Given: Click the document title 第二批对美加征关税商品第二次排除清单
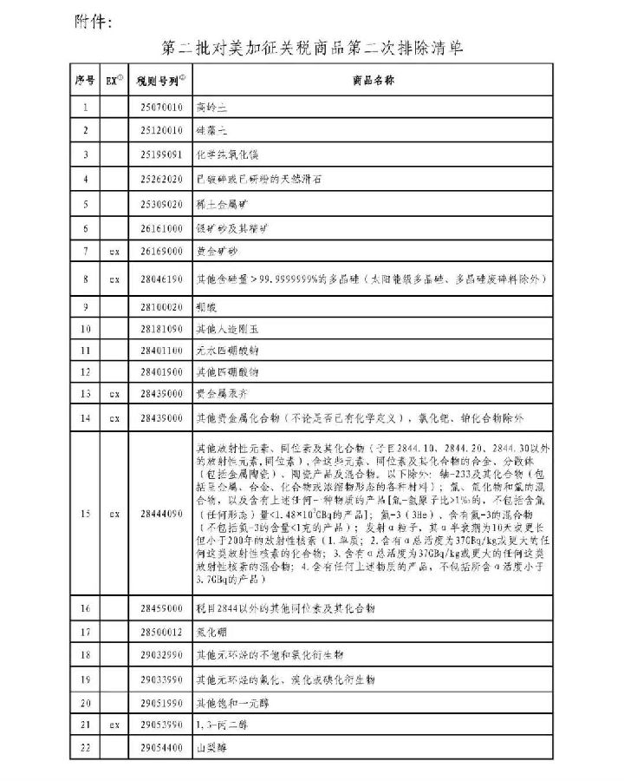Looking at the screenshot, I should click(x=313, y=48).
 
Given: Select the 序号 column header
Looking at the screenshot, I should click(x=85, y=81).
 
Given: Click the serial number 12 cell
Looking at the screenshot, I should click(x=85, y=373).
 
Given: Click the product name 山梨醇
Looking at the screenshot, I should click(x=212, y=746).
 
